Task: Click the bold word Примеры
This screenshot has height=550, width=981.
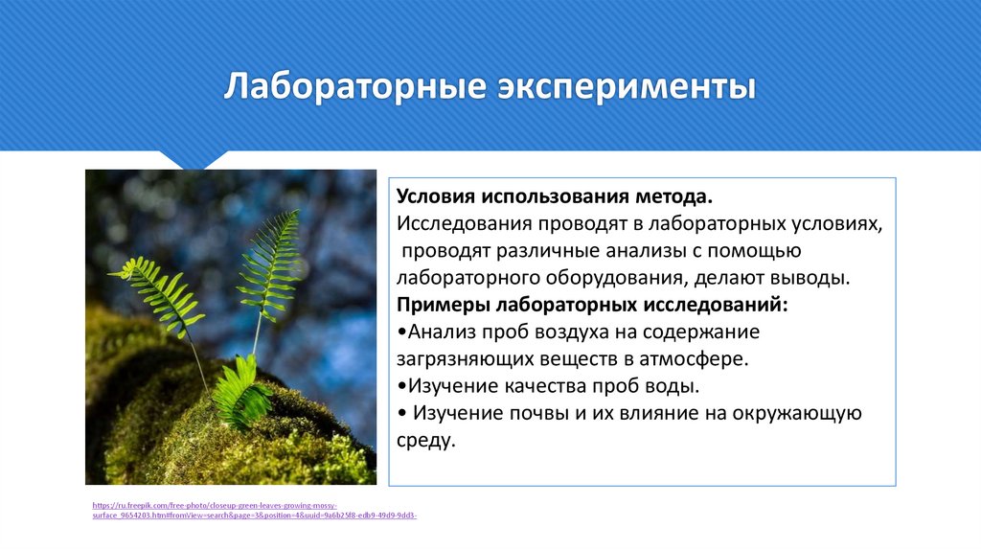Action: tap(443, 305)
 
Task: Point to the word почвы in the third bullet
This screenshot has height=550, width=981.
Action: tap(540, 414)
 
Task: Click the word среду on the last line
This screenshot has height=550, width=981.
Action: tap(422, 441)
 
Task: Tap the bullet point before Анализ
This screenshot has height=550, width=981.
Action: tap(400, 332)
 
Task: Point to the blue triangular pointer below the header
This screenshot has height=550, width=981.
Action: tap(194, 159)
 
